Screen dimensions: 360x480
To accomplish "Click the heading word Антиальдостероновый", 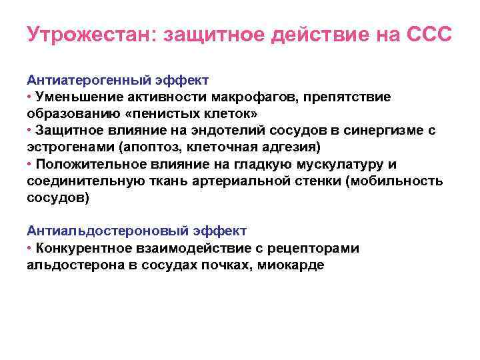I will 85,231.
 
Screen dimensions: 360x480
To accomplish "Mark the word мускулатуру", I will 326,164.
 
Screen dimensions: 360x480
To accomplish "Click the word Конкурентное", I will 83,249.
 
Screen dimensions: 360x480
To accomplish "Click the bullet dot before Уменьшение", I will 30,97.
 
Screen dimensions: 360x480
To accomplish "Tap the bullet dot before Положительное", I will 30,164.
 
